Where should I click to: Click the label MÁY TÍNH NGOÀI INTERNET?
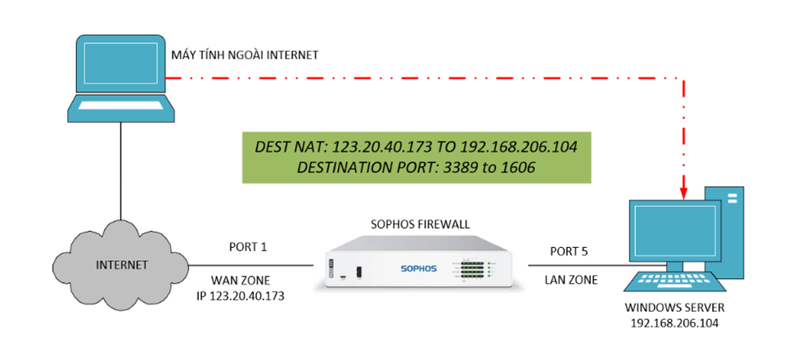(x=244, y=55)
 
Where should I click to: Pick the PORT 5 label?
(x=569, y=251)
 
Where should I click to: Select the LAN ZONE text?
(x=571, y=280)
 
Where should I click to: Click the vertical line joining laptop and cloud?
(x=121, y=168)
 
